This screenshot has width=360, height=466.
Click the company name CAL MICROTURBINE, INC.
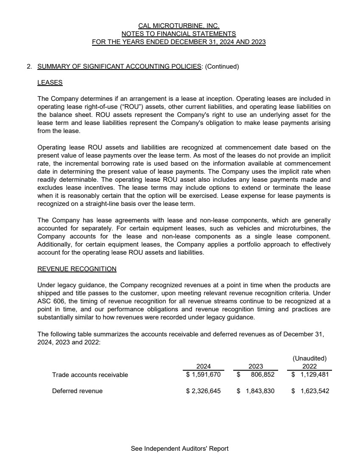pos(179,26)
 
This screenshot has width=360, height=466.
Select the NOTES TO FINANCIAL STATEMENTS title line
pos(179,34)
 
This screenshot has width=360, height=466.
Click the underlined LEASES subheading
pos(50,83)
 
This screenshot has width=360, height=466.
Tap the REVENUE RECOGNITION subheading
pos(77,269)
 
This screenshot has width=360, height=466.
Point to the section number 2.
pos(29,67)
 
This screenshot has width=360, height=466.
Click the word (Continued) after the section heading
pos(222,67)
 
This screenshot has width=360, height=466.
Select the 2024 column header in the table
pos(204,366)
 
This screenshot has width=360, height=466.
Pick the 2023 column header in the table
pos(256,366)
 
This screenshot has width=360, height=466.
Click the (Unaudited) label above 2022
pos(310,358)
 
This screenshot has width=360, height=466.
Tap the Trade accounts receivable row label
pos(90,375)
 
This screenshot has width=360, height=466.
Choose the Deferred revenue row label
pos(77,391)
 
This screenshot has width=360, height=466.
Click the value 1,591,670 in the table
pos(206,374)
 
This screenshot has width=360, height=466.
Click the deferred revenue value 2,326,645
pos(206,391)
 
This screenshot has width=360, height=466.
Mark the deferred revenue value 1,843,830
pos(260,391)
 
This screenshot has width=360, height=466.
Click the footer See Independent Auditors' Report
pos(180,449)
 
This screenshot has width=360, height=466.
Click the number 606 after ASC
pos(59,301)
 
